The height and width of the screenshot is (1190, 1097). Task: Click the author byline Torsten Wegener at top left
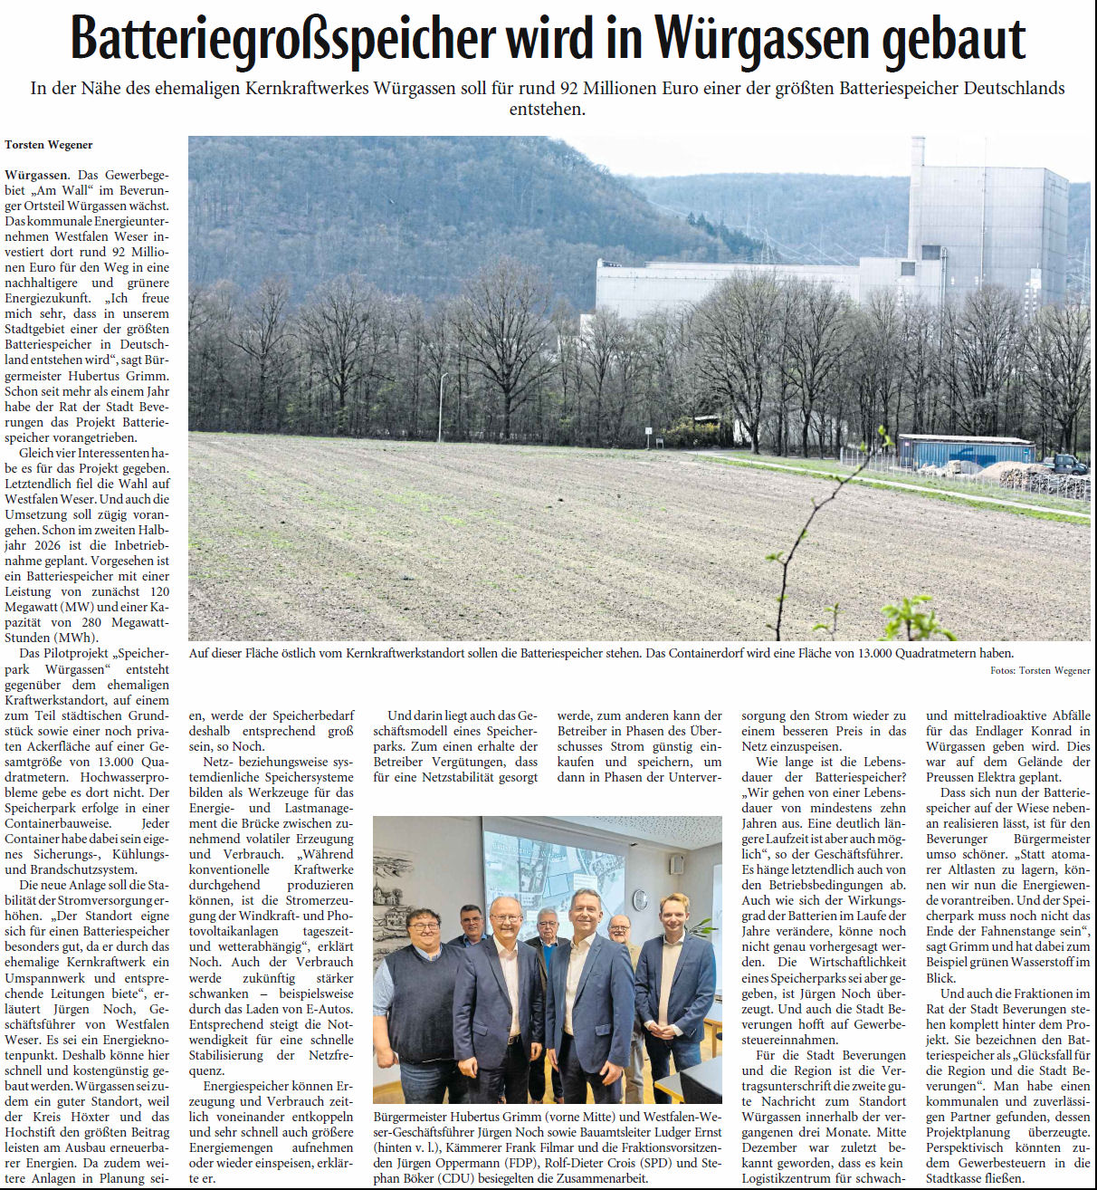click(x=49, y=145)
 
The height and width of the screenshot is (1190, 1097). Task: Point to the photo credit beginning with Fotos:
click(x=1040, y=670)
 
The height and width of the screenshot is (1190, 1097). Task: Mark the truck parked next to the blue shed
click(x=1064, y=464)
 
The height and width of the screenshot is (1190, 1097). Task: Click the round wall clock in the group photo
click(x=640, y=899)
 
